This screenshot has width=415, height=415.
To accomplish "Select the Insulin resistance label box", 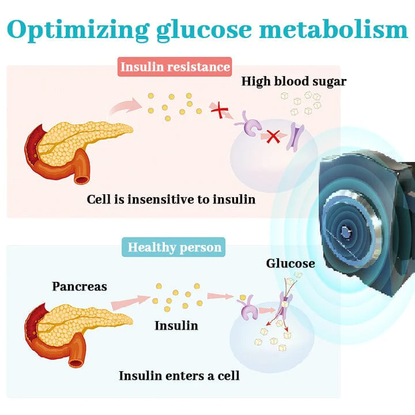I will coord(175,66).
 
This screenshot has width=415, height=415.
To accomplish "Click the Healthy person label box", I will coord(174,248).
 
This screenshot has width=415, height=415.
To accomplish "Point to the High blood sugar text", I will coord(294,81).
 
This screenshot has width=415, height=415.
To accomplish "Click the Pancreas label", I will coord(80,286).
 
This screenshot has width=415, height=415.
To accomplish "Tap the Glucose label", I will coord(290,264).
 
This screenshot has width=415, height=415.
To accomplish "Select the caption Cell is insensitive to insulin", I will coord(171,199).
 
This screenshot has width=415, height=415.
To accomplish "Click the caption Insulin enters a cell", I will coord(179,376).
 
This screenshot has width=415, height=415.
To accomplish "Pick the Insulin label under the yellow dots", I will coord(176,326).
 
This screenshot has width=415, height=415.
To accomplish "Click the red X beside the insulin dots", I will coord(218,110).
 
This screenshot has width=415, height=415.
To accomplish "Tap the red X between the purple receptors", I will coord(273,137).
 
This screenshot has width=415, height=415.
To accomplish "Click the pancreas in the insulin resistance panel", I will coord(75,144).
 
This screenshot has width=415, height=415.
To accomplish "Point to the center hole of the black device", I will coord(346,231).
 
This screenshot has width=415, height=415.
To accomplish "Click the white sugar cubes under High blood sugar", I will coord(300,103).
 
